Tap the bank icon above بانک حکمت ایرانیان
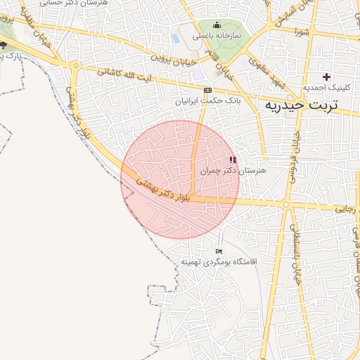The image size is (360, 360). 207,91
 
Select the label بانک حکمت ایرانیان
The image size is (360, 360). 207,101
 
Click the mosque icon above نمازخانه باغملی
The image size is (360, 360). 217,26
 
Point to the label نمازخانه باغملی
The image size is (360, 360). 217,35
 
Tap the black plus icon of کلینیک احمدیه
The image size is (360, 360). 326,76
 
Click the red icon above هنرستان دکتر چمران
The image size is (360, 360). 233,160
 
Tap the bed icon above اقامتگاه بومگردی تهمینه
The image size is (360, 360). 219,252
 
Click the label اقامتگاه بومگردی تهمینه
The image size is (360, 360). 219,262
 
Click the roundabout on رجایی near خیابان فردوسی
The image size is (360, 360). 286,205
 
